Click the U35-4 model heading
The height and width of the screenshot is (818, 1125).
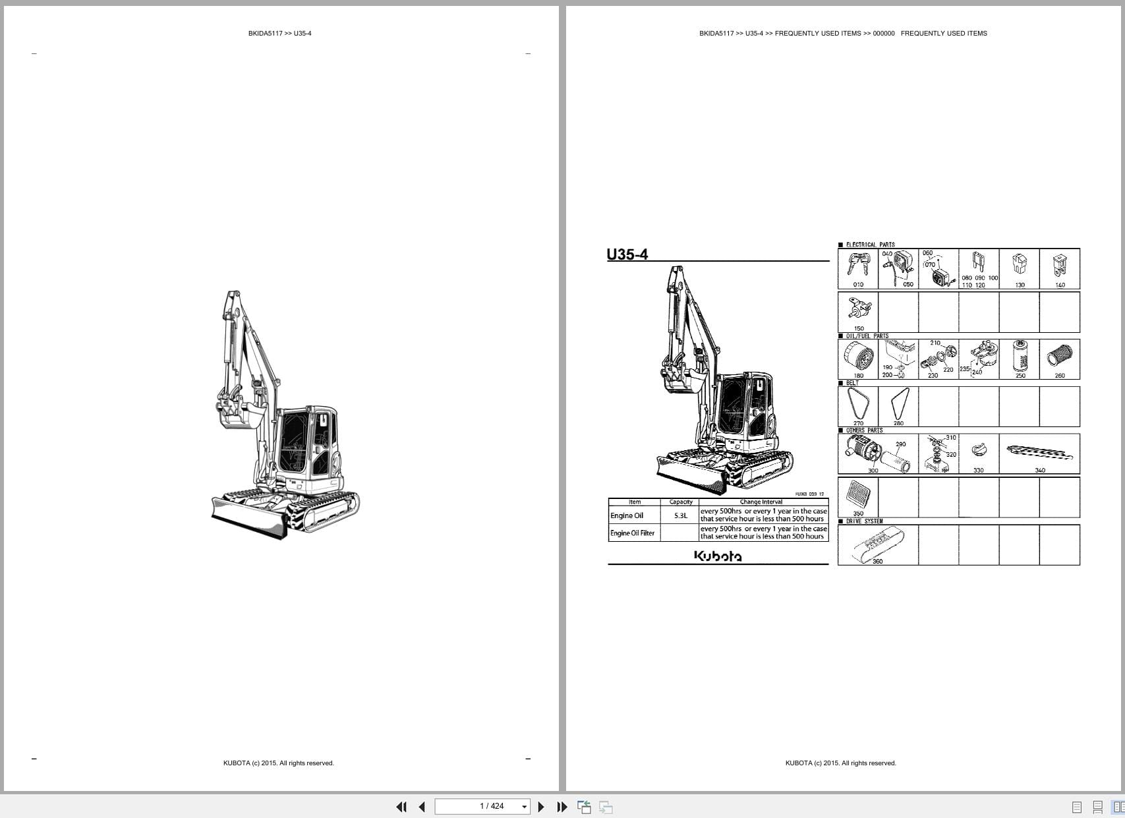627,254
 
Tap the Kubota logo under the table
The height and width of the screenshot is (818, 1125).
718,556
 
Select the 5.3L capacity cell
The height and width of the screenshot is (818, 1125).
680,515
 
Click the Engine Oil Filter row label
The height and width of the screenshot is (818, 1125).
633,533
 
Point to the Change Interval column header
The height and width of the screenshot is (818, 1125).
761,502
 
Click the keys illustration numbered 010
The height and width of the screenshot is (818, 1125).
858,266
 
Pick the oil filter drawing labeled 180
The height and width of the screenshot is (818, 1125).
859,357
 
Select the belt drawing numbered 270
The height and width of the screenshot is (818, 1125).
858,403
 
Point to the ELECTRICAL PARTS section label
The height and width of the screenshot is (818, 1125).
870,245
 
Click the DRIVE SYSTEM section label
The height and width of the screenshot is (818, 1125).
864,521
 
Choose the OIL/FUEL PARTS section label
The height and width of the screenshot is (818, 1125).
867,336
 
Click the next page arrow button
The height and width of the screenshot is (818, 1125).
541,807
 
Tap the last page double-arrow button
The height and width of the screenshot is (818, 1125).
562,807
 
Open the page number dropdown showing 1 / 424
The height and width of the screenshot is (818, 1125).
525,807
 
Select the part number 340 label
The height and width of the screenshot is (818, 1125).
1040,470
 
